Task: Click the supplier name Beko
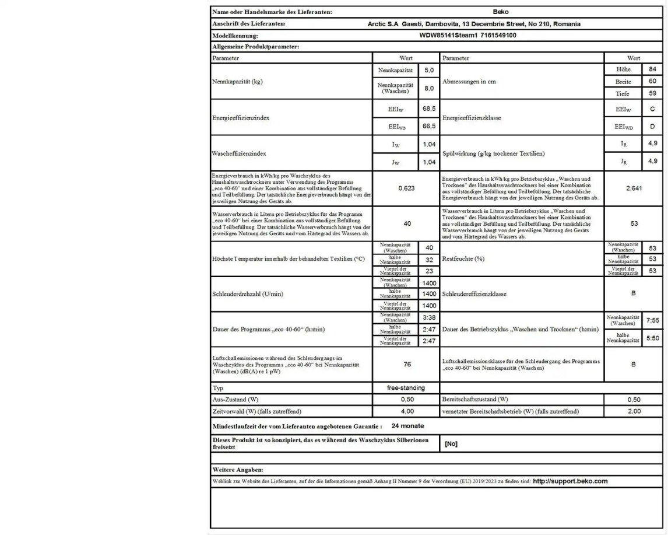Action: (500, 12)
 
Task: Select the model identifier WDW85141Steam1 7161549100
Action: (467, 35)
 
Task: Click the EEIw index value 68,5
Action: (429, 109)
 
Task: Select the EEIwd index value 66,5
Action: (429, 126)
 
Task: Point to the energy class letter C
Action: (652, 109)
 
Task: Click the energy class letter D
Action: (652, 126)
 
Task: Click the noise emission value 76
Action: (407, 364)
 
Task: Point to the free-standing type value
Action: (406, 387)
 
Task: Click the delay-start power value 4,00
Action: (406, 411)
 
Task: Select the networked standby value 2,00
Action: (634, 411)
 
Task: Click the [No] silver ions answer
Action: (451, 444)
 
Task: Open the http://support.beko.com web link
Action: (570, 481)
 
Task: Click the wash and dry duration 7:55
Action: (653, 320)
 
